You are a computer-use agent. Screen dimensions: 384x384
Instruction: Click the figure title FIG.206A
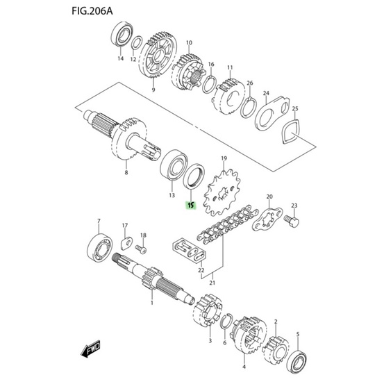pyautogui.click(x=92, y=11)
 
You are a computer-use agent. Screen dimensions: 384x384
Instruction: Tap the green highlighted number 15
pyautogui.click(x=191, y=206)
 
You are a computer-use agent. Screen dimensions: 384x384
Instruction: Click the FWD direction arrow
pyautogui.click(x=90, y=349)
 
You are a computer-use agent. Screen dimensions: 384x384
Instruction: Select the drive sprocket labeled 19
pyautogui.click(x=222, y=193)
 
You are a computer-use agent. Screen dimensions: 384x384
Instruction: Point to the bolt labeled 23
pyautogui.click(x=292, y=221)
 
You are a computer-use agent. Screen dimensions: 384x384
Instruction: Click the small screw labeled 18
pyautogui.click(x=141, y=249)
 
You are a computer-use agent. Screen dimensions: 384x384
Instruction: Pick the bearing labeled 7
pyautogui.click(x=100, y=248)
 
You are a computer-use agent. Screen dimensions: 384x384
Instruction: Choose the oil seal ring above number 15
pyautogui.click(x=194, y=177)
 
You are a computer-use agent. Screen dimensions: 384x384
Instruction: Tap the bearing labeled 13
pyautogui.click(x=174, y=166)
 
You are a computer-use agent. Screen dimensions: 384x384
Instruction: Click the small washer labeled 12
pyautogui.click(x=137, y=43)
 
